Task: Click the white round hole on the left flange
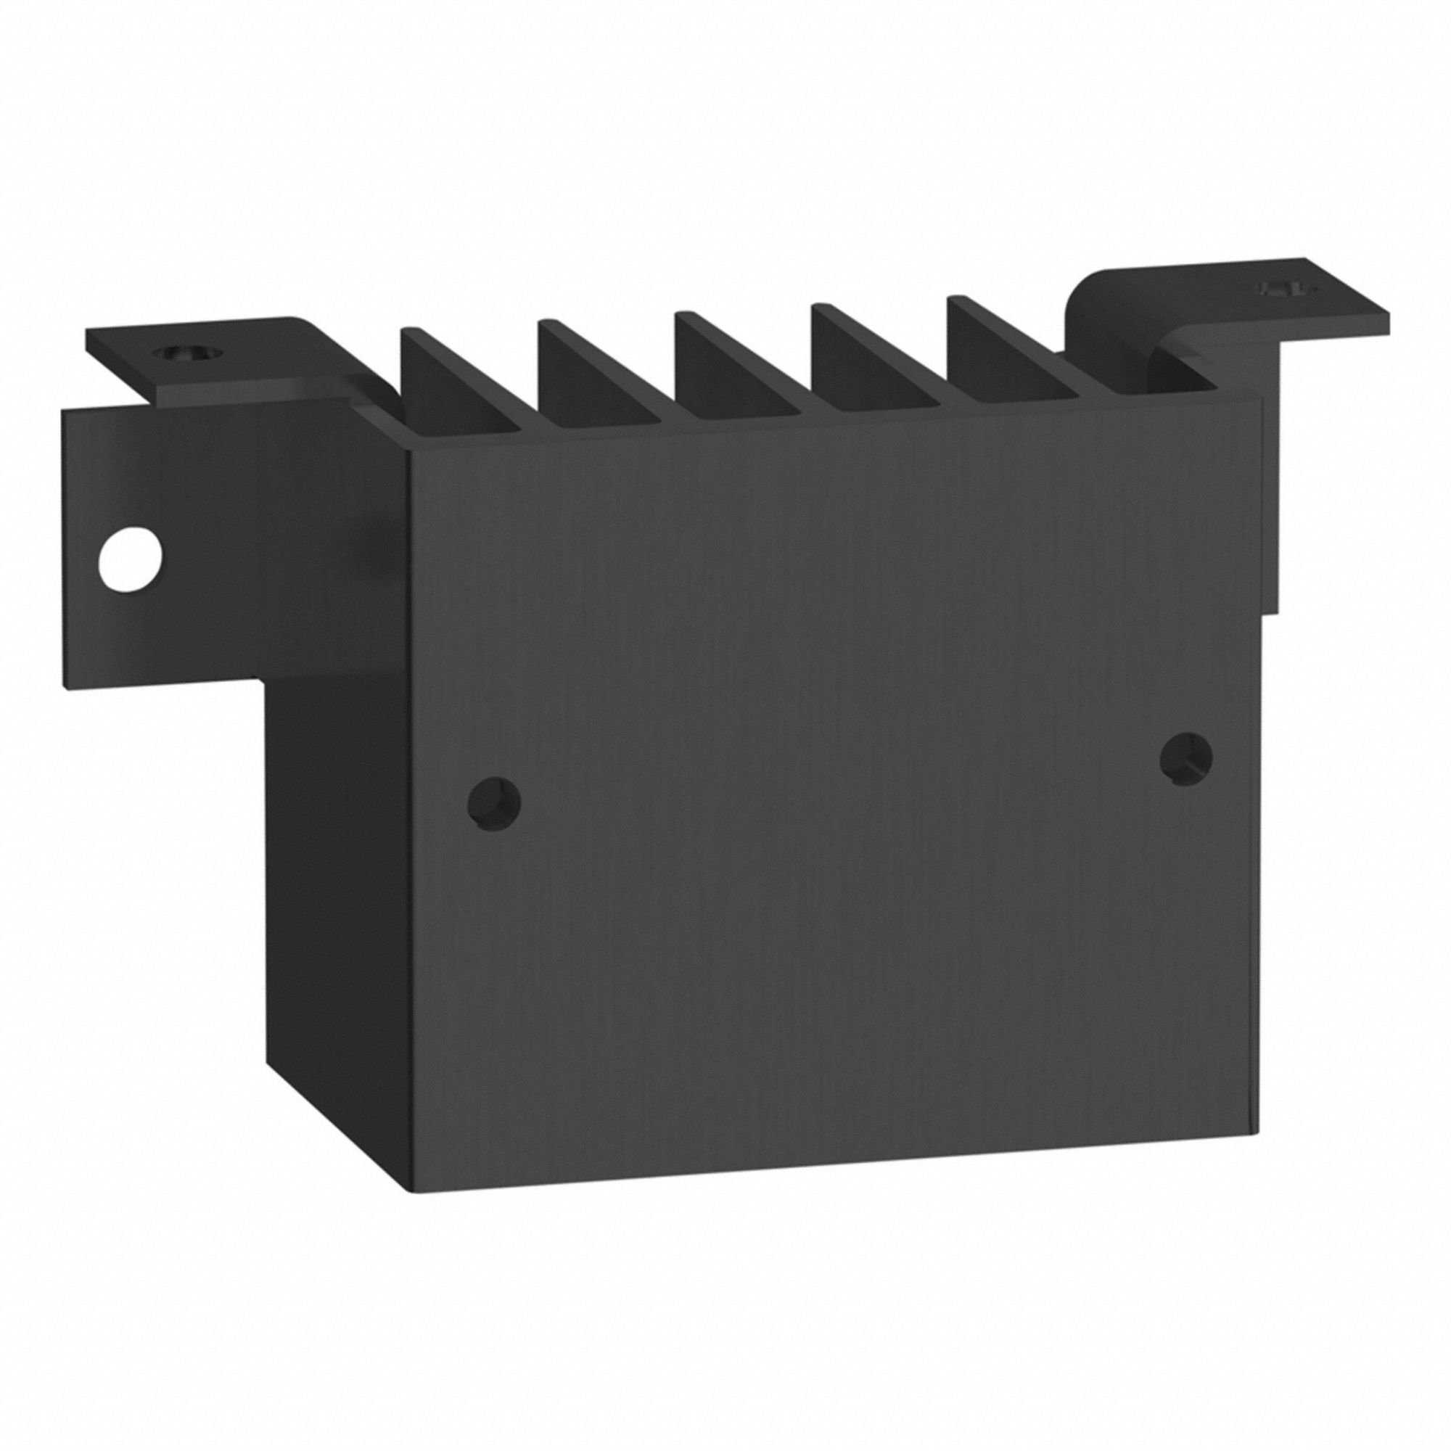(130, 560)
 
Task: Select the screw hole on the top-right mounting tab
(1286, 289)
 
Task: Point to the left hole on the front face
(493, 805)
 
